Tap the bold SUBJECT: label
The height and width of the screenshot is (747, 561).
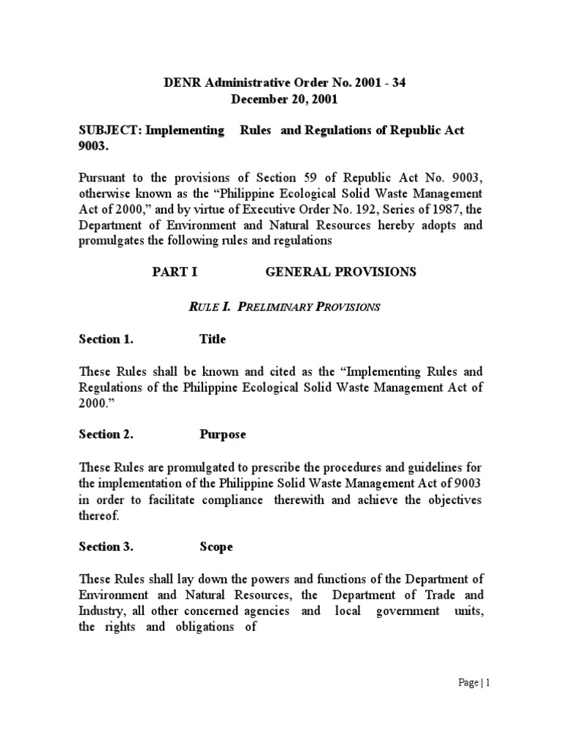pyautogui.click(x=110, y=130)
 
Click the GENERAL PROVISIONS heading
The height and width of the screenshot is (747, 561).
pyautogui.click(x=340, y=272)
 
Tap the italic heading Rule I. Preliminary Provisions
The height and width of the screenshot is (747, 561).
pyautogui.click(x=284, y=306)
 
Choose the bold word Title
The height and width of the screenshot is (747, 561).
pyautogui.click(x=213, y=339)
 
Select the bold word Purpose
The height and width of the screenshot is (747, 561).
pyautogui.click(x=223, y=434)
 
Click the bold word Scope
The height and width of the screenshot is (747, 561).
pyautogui.click(x=216, y=546)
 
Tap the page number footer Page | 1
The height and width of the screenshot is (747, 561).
pyautogui.click(x=473, y=684)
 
